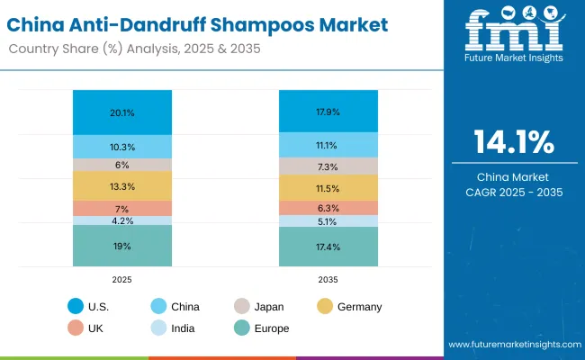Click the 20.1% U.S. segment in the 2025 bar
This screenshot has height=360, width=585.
click(x=122, y=112)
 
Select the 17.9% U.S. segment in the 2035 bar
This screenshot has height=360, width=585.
click(x=327, y=112)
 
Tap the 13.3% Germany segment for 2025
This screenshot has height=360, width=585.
click(x=122, y=186)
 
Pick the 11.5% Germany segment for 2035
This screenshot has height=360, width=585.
click(x=327, y=187)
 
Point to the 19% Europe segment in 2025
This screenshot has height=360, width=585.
click(x=122, y=245)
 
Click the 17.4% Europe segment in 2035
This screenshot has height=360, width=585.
click(x=327, y=247)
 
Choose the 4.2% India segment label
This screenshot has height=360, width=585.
click(x=122, y=220)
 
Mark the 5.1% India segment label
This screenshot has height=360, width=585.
click(x=327, y=221)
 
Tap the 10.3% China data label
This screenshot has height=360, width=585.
click(x=122, y=146)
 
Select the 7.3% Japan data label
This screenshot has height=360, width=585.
click(x=327, y=166)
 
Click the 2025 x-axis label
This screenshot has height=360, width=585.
click(x=122, y=280)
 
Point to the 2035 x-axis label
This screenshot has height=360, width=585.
click(x=327, y=280)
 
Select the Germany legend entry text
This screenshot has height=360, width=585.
click(x=359, y=307)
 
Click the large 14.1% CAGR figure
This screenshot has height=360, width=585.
click(x=515, y=142)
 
